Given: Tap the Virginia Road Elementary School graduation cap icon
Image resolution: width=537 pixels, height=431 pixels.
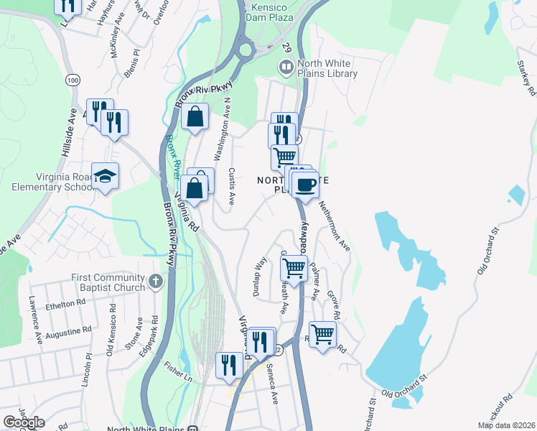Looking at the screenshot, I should pos(106,176).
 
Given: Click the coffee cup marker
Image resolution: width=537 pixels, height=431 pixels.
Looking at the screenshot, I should pos(305,185).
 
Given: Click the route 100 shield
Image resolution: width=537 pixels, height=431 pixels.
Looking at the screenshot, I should pos(72,80).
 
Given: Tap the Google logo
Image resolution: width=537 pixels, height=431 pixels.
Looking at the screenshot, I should pos(24,422).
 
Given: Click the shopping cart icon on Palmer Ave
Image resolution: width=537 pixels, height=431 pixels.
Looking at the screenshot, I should pos(294,269).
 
